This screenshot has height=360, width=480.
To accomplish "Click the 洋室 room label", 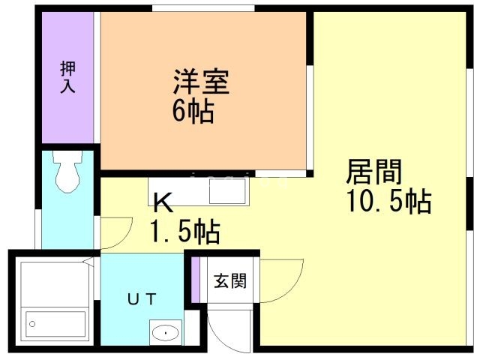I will (x=200, y=81).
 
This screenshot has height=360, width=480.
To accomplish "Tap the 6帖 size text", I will (x=193, y=112).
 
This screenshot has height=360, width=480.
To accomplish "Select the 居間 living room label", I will (x=373, y=172).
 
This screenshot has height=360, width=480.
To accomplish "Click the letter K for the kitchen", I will (x=164, y=202).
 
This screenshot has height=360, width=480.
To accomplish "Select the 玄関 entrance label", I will (x=229, y=283).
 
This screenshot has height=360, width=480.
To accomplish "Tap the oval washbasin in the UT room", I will (x=165, y=331).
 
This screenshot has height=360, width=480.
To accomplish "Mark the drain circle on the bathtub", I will (x=32, y=325).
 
